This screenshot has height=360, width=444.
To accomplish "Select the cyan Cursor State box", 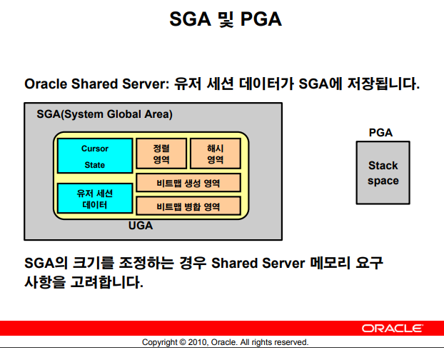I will tap(94, 156).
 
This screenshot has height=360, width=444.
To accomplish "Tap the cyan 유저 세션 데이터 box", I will tap(94, 199).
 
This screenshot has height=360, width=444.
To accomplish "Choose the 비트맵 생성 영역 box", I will tap(188, 184).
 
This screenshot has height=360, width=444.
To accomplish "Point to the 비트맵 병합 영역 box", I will tap(188, 206).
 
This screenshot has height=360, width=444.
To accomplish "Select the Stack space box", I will tap(383, 173).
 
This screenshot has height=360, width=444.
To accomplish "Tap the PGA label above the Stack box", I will tap(380, 133).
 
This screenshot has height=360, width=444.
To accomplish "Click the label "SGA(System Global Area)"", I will tap(104, 114).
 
